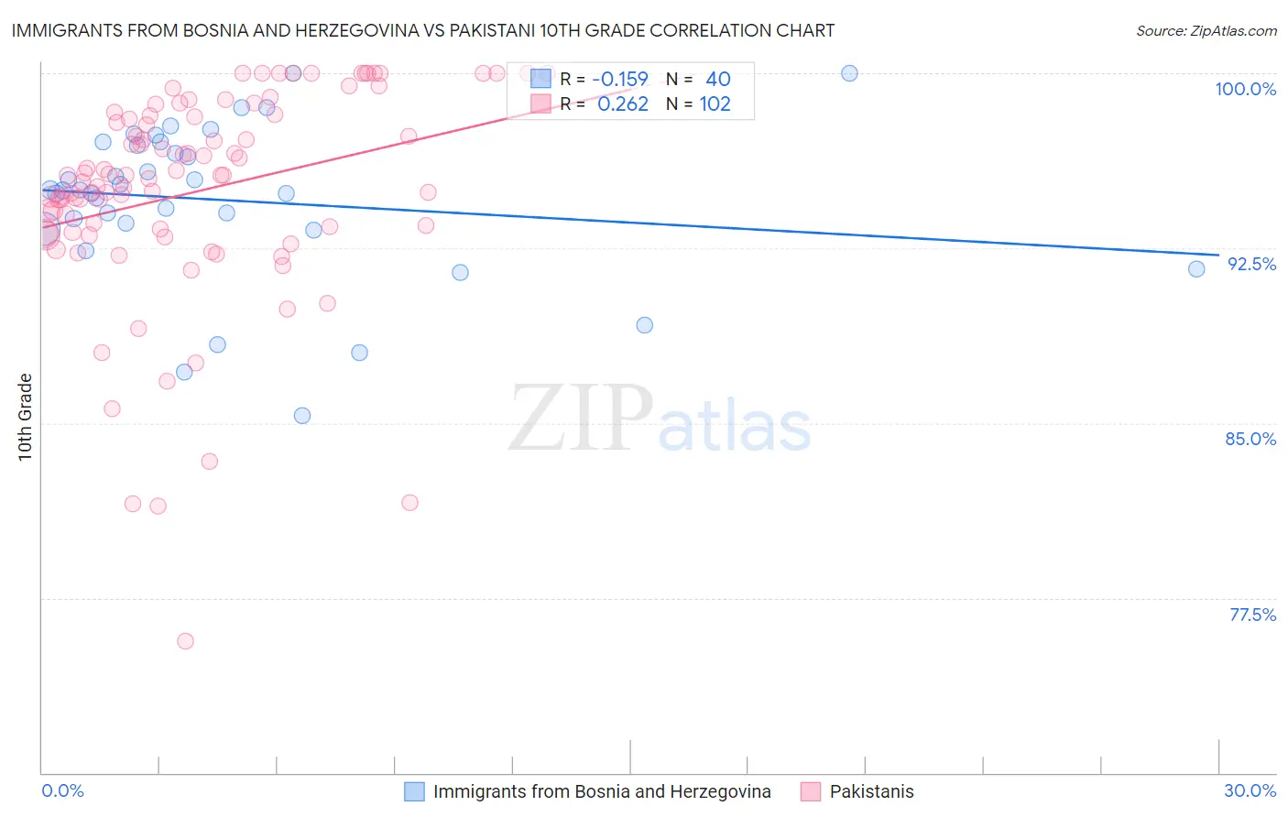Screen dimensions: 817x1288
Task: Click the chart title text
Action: pyautogui.click(x=422, y=30)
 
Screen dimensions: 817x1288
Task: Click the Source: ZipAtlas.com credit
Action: pyautogui.click(x=1206, y=31)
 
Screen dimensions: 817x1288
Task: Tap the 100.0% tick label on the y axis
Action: pyautogui.click(x=1245, y=89)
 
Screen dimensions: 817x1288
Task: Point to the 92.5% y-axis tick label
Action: pyautogui.click(x=1251, y=264)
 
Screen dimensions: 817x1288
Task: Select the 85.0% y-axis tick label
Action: pyautogui.click(x=1250, y=439)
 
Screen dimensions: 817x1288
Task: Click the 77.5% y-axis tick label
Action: pyautogui.click(x=1252, y=615)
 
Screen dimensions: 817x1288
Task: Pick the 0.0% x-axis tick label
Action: pyautogui.click(x=62, y=790)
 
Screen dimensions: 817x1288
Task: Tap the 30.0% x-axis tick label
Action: pyautogui.click(x=1250, y=790)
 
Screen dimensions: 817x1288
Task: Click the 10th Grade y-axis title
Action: pyautogui.click(x=26, y=417)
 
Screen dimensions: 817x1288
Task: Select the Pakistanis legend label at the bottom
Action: pyautogui.click(x=871, y=791)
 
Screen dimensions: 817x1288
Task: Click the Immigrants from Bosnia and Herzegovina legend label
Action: pyautogui.click(x=602, y=791)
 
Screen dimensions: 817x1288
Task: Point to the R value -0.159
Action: pyautogui.click(x=619, y=79)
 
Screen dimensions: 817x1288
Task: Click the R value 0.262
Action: pyautogui.click(x=622, y=104)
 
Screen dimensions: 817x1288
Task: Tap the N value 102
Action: pyautogui.click(x=715, y=104)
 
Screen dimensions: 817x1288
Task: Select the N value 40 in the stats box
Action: pyautogui.click(x=717, y=79)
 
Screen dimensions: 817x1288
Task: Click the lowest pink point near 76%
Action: pyautogui.click(x=185, y=641)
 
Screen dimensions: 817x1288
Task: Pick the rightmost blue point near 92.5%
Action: pyautogui.click(x=1196, y=268)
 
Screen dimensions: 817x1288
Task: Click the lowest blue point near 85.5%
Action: pyautogui.click(x=301, y=415)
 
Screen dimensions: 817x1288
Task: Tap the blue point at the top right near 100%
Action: pyautogui.click(x=849, y=73)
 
